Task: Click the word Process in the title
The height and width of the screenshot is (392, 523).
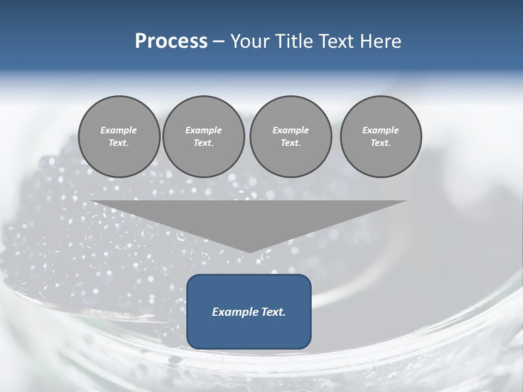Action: click(171, 41)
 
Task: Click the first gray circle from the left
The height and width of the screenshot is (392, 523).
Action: click(119, 136)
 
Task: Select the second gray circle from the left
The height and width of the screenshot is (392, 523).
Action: click(204, 136)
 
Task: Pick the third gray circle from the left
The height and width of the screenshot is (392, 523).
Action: click(290, 136)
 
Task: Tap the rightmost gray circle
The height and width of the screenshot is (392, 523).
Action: click(381, 136)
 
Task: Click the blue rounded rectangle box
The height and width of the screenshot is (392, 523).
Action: click(249, 311)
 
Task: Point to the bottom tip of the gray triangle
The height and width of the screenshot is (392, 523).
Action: click(250, 252)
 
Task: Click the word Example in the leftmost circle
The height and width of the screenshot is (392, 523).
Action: click(119, 130)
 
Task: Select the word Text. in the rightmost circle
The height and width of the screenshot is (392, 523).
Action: click(381, 143)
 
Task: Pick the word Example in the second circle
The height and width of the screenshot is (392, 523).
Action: click(204, 130)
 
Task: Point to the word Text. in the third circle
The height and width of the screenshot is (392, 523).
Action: click(290, 143)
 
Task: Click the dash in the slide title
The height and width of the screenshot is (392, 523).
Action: click(218, 41)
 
